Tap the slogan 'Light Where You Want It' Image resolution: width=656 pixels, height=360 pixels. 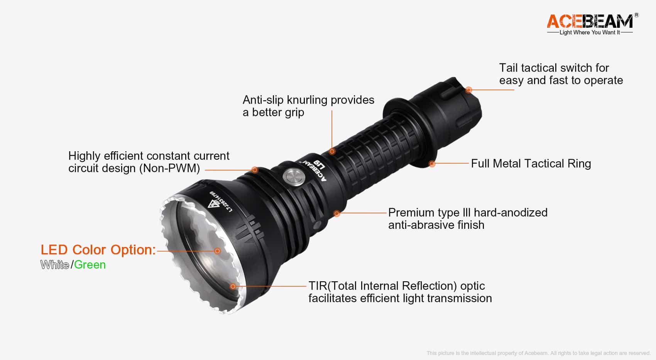(590, 32)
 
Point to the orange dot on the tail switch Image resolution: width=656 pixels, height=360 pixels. (468, 90)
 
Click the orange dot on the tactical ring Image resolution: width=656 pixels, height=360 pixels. (432, 164)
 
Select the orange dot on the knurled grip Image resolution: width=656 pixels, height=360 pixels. (332, 151)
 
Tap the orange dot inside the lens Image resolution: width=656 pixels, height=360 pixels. (217, 251)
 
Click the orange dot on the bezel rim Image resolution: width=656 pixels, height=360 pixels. (233, 286)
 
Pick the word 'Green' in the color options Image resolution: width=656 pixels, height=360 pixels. (90, 265)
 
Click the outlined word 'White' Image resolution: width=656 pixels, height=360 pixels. (55, 265)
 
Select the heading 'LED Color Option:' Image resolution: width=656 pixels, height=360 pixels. (98, 250)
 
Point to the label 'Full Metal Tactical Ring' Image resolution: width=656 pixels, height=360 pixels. (531, 164)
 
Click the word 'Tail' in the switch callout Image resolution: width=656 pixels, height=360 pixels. (508, 68)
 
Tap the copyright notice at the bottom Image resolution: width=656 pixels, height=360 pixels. (538, 353)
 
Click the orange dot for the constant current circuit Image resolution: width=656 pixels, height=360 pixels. (255, 170)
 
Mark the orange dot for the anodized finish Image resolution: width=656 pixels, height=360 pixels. (337, 213)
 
